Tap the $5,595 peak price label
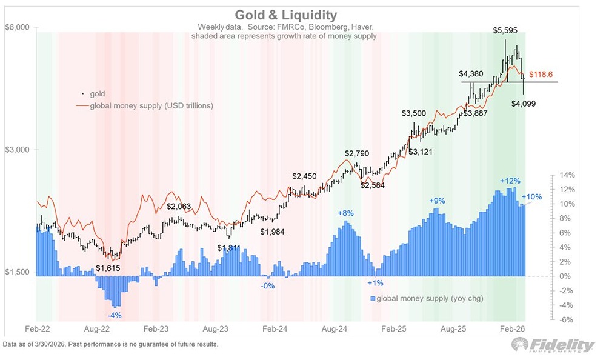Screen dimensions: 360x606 pos(505,30)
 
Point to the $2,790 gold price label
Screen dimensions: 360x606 pos(357,153)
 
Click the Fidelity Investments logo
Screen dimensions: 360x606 pos(553,345)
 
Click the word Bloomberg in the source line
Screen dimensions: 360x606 pos(323,27)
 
